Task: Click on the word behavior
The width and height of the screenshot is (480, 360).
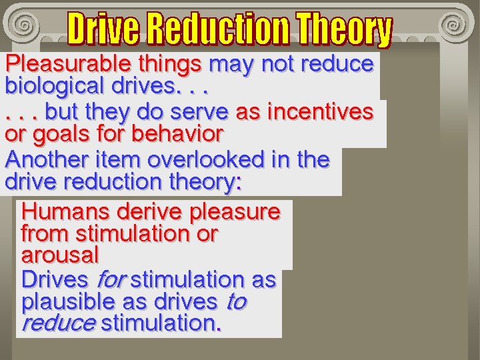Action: (x=177, y=134)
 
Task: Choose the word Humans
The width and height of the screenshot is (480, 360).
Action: (x=65, y=212)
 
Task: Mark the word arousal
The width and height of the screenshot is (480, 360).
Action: (x=60, y=255)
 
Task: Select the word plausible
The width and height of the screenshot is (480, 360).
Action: (x=68, y=302)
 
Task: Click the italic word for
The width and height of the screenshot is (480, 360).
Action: (x=111, y=280)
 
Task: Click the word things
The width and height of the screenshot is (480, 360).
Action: (x=170, y=65)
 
